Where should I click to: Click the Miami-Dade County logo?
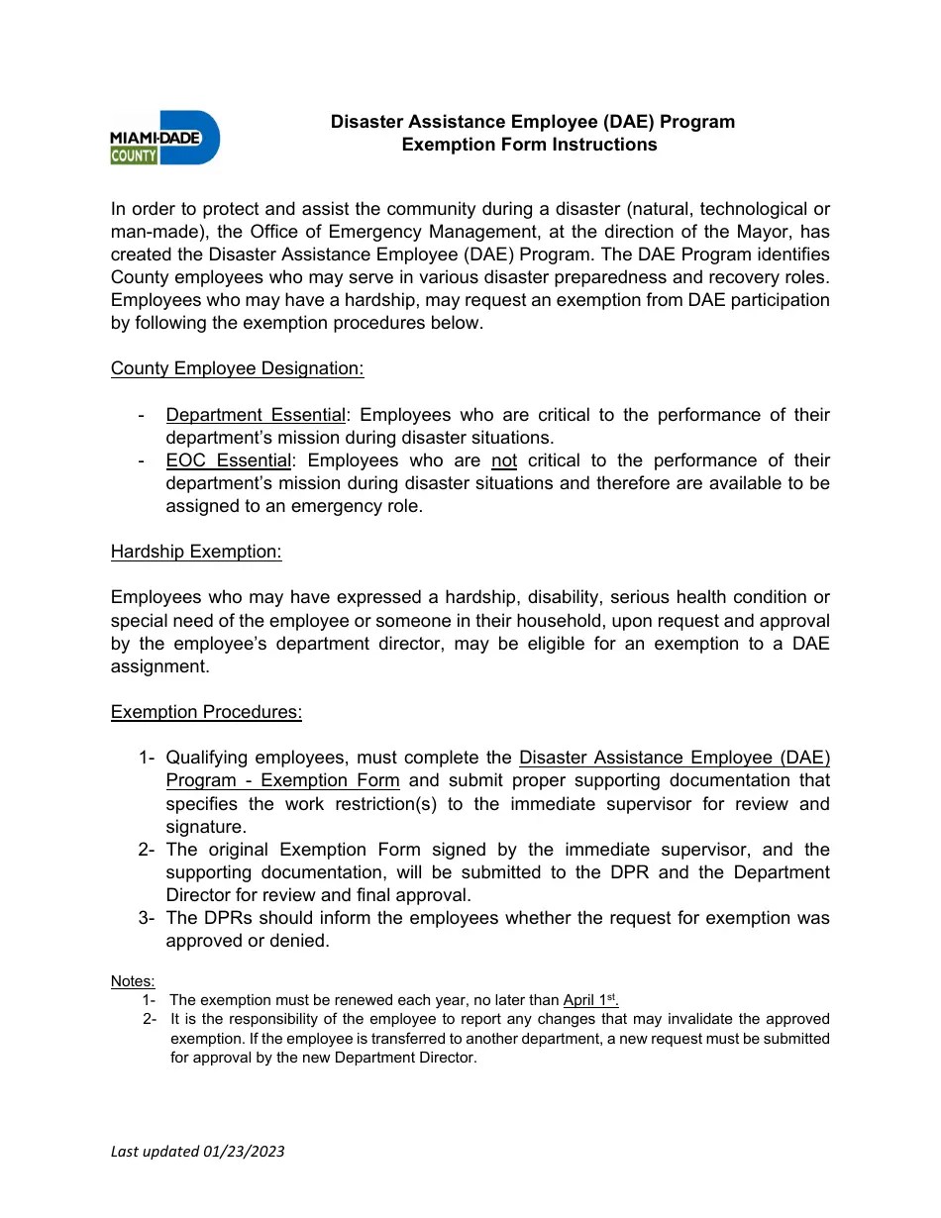[x=164, y=137]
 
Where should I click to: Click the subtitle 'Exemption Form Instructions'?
[x=529, y=145]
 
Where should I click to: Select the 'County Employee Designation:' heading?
[x=237, y=368]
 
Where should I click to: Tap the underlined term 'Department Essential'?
[x=256, y=415]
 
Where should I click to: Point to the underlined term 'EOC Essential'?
[x=229, y=460]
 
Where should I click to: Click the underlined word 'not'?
[x=504, y=460]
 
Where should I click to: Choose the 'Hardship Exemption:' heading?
[x=196, y=552]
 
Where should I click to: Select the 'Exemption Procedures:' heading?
[x=206, y=712]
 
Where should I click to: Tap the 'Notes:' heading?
[x=133, y=981]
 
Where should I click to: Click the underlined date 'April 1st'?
[x=590, y=1000]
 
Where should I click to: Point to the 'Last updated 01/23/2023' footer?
[x=198, y=1151]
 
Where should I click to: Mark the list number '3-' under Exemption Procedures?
[x=148, y=918]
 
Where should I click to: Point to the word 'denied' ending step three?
[x=301, y=941]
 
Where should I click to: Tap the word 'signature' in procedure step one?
[x=205, y=827]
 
